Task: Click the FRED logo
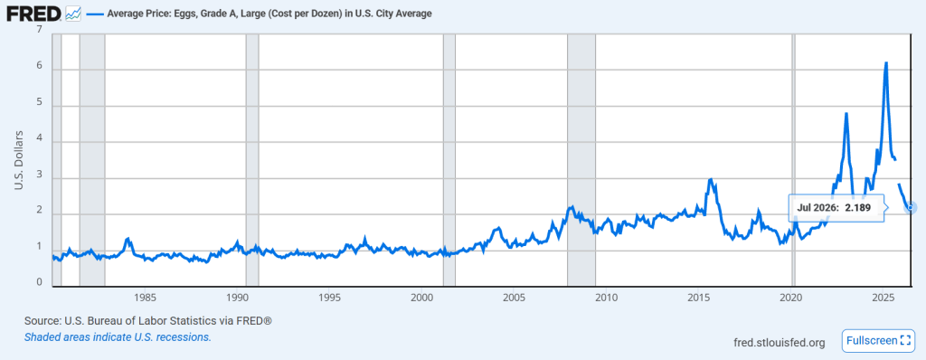click(33, 13)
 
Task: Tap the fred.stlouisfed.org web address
click(778, 342)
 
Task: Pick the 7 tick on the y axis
click(40, 30)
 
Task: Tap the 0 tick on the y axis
click(40, 282)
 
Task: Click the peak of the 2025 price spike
click(886, 62)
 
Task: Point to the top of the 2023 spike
click(846, 113)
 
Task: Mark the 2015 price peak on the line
click(711, 179)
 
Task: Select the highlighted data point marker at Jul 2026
click(912, 207)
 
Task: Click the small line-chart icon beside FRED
click(73, 13)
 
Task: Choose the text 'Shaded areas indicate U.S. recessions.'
click(118, 337)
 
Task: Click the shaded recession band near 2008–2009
click(581, 159)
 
